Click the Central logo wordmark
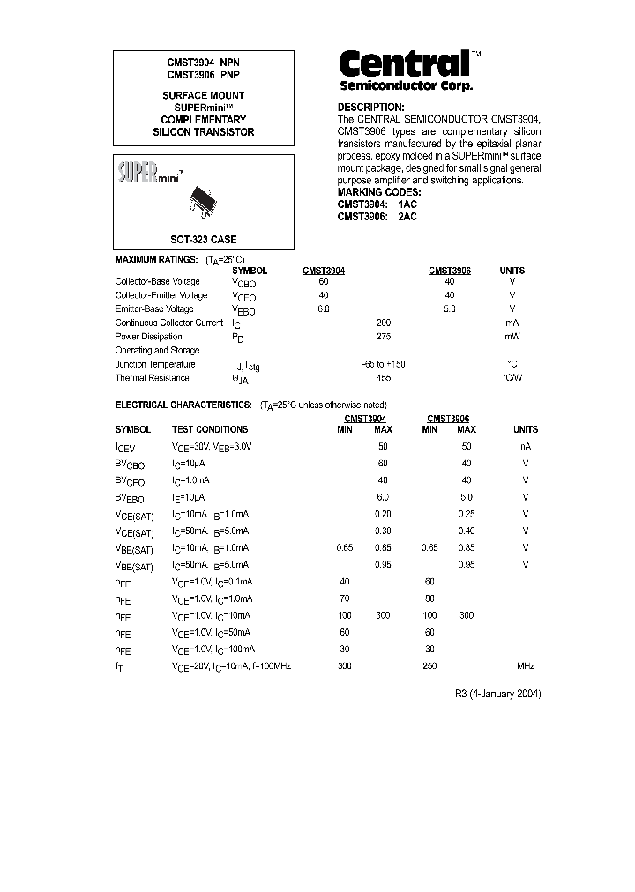click(x=405, y=64)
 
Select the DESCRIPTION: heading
click(x=370, y=107)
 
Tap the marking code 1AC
click(x=407, y=204)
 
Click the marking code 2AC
click(x=407, y=217)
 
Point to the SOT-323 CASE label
click(x=203, y=240)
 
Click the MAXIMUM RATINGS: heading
click(x=157, y=261)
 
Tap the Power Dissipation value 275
click(x=383, y=337)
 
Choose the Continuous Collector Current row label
click(x=169, y=323)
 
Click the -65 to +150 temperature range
click(x=383, y=364)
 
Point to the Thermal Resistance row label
click(x=152, y=378)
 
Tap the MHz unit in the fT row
click(x=525, y=666)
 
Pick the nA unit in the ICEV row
click(x=525, y=447)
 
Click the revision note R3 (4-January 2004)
click(x=497, y=694)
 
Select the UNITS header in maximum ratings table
click(x=512, y=271)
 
